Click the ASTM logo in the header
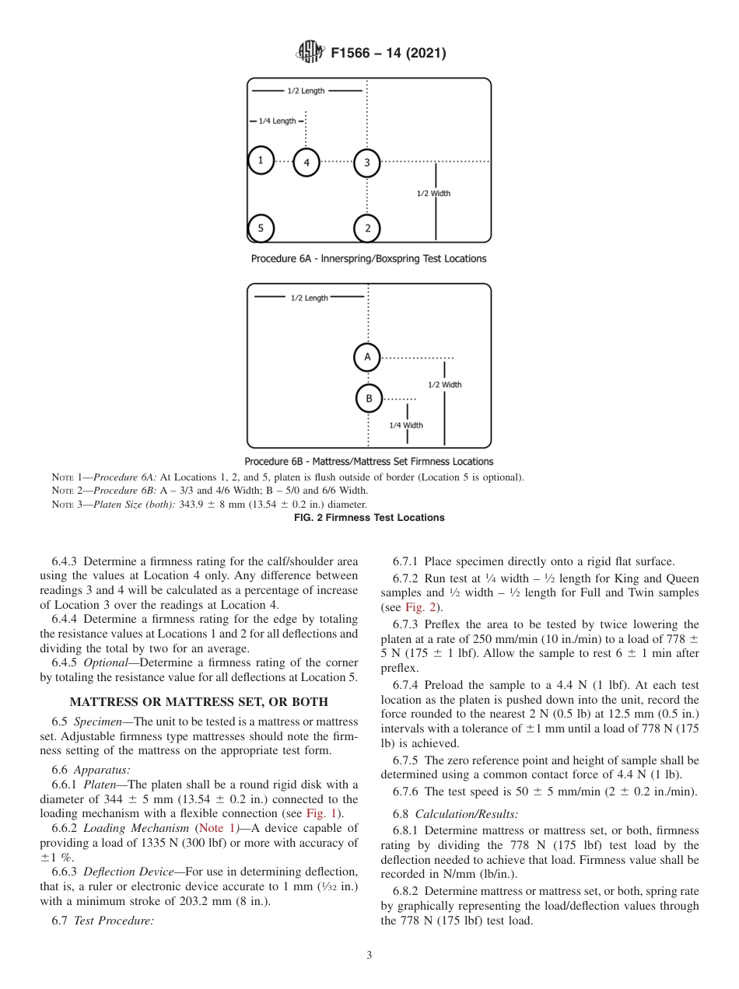310,53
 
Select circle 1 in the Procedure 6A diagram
261,161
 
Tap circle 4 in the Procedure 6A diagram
306,163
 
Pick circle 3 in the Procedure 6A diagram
367,163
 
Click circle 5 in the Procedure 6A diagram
261,228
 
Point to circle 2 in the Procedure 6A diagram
367,228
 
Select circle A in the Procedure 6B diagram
367,357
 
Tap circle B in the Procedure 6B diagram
369,398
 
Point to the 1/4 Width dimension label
406,425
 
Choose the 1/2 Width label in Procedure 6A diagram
433,194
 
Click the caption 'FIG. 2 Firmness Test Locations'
369,518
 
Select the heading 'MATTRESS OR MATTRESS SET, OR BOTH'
199,701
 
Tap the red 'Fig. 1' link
327,813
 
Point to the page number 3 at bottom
369,956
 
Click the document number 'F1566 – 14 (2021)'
388,54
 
